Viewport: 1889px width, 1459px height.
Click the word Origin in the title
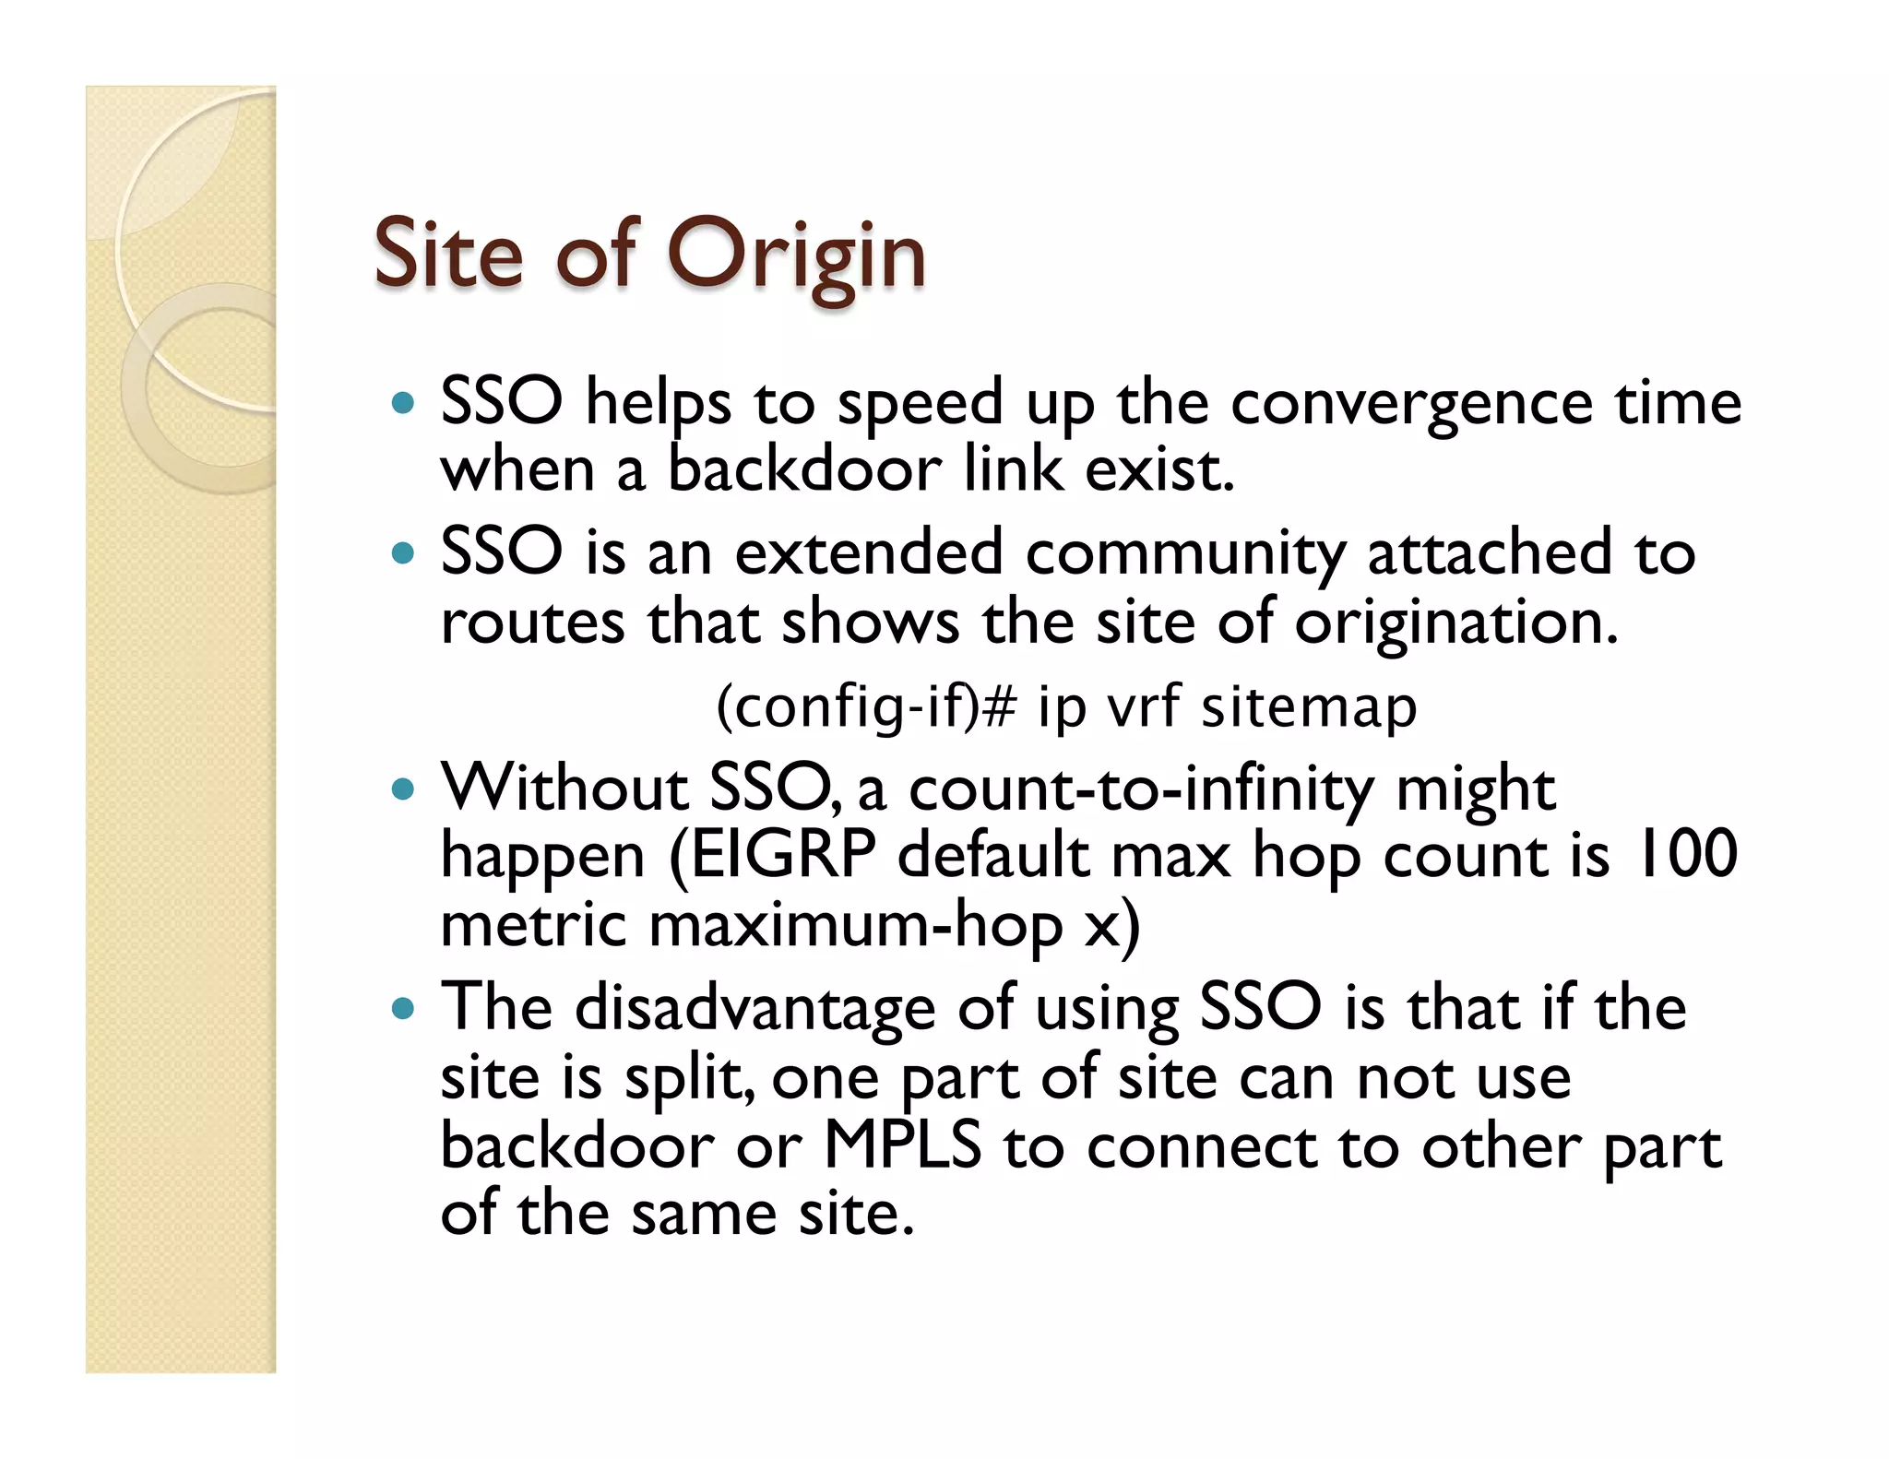tap(795, 255)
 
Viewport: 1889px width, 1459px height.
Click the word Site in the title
tap(448, 253)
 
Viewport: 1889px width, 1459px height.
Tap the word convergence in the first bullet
tap(1411, 403)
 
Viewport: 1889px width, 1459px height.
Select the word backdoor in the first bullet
tap(803, 469)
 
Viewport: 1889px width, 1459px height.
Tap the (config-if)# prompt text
tap(866, 707)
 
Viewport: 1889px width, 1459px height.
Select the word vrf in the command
tap(1143, 707)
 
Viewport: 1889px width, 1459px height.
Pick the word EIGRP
tap(783, 855)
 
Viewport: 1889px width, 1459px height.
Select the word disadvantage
tap(755, 1007)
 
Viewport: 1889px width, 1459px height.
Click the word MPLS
tap(901, 1145)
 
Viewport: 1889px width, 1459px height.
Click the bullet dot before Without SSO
tap(403, 790)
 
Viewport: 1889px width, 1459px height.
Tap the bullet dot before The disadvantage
tap(403, 1008)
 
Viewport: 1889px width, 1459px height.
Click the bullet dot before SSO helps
tap(403, 403)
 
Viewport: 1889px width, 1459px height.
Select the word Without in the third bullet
tap(564, 789)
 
